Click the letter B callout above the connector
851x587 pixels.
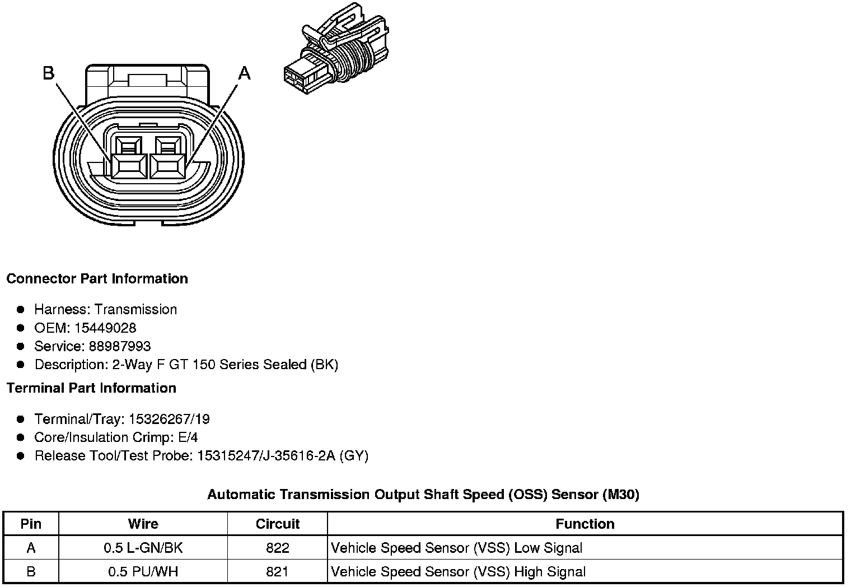(49, 73)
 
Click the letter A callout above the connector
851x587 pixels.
(245, 73)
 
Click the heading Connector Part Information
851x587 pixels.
(97, 279)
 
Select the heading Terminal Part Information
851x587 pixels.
(91, 388)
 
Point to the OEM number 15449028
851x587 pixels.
(105, 328)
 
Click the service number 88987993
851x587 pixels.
(120, 346)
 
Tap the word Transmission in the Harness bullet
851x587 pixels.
(135, 309)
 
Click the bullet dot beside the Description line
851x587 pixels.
(21, 365)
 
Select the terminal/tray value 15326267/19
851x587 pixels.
(169, 419)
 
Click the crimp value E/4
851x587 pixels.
(188, 437)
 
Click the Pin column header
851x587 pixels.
(31, 524)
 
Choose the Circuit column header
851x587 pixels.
(277, 524)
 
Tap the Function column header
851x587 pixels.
(585, 524)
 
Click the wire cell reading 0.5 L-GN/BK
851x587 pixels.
(143, 548)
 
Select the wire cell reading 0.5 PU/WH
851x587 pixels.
(143, 572)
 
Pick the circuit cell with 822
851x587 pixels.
(277, 548)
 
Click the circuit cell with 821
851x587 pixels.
(277, 572)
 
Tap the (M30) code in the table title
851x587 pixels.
(621, 495)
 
